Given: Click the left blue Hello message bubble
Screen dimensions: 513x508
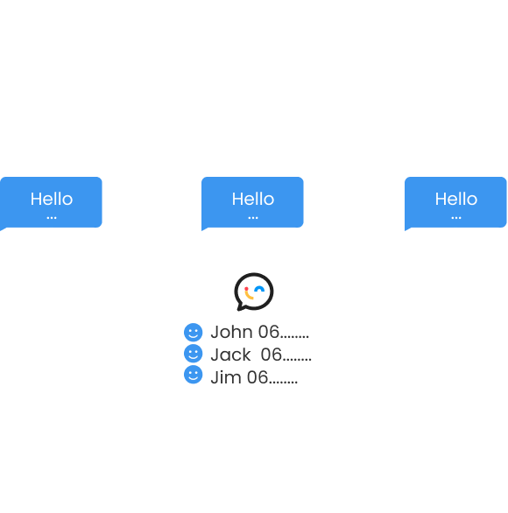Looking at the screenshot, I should [x=51, y=202].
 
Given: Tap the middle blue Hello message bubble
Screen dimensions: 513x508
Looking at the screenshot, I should [x=253, y=202].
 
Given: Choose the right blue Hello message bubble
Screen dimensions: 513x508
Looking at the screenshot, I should [x=455, y=202].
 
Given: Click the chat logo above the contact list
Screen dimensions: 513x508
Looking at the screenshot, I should [x=254, y=292].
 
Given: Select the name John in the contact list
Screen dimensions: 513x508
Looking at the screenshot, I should [x=231, y=333].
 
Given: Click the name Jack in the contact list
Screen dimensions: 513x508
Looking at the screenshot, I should [x=230, y=355].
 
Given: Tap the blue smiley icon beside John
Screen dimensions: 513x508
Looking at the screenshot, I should [x=194, y=333].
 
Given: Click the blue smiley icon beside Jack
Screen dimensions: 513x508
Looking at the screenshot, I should [x=194, y=355].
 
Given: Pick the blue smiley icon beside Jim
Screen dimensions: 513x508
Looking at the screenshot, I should [x=194, y=376].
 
